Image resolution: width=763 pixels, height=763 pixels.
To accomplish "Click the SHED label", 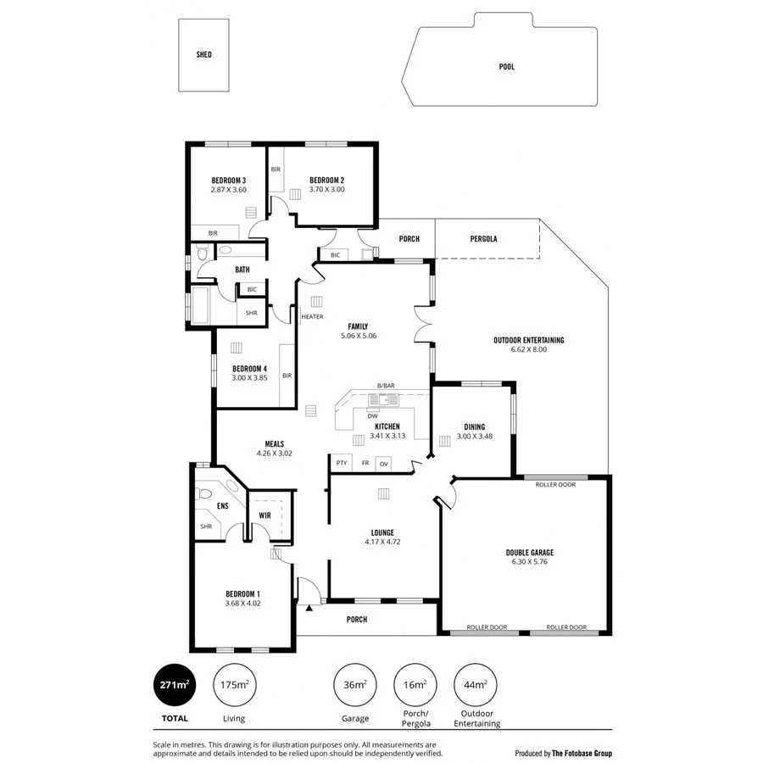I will (x=203, y=55).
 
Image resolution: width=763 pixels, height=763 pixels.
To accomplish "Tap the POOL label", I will (x=506, y=67).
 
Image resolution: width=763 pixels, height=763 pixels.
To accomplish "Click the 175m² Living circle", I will (x=234, y=685).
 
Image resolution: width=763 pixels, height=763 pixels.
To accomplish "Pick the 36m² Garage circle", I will (x=354, y=685).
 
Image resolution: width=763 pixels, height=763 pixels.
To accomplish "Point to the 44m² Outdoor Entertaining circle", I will (x=476, y=685).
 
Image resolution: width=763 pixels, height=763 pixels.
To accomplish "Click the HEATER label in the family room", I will (x=312, y=317).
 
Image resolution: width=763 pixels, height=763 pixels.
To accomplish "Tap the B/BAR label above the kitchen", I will (x=386, y=387).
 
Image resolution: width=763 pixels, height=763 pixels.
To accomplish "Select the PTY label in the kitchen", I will (x=342, y=463).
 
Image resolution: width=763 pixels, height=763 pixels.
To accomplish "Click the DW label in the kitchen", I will (x=372, y=415).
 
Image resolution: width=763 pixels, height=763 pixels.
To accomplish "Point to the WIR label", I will (x=265, y=515).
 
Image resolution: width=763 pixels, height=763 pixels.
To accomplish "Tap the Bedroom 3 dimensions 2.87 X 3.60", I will (x=228, y=190).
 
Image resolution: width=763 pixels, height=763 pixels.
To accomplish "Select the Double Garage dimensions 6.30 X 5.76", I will (x=530, y=561).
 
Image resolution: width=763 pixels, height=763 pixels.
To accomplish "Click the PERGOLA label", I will (x=483, y=239).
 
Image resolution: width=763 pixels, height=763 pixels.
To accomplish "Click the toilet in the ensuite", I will (x=203, y=493).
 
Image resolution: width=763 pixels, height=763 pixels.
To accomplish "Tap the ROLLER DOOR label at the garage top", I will (x=555, y=485).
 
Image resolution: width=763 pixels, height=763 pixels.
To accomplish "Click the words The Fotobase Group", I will (x=582, y=752).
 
